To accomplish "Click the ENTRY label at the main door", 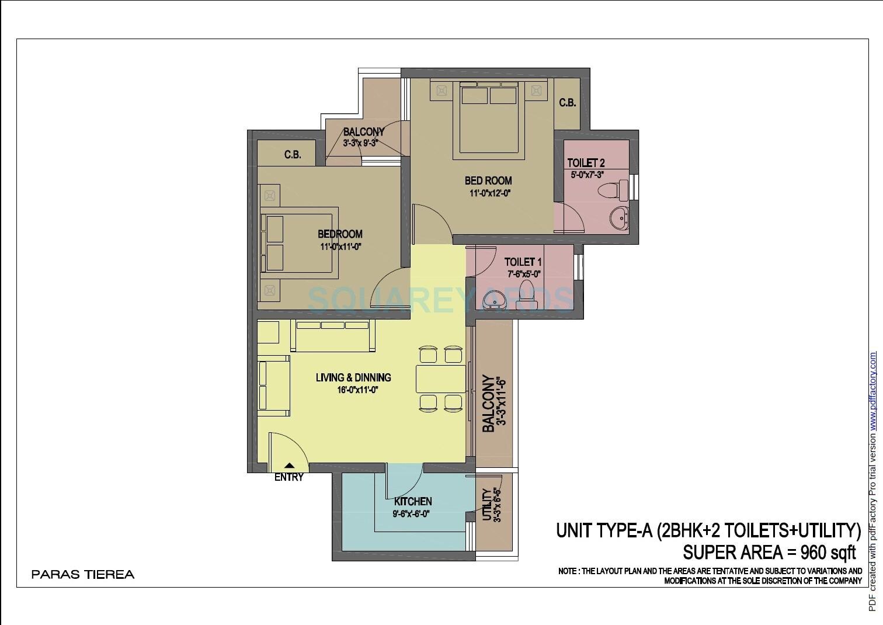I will pyautogui.click(x=289, y=477).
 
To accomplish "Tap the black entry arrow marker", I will pyautogui.click(x=289, y=466).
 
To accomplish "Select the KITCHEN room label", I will pyautogui.click(x=413, y=501).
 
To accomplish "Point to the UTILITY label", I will pyautogui.click(x=487, y=505).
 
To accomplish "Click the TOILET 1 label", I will pyautogui.click(x=523, y=262).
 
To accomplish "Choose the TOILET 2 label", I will pyautogui.click(x=586, y=163).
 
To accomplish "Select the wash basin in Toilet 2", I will pyautogui.click(x=619, y=218).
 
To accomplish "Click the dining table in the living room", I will pyautogui.click(x=441, y=379).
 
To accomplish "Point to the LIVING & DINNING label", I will pyautogui.click(x=353, y=377).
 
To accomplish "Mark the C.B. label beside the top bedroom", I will pyautogui.click(x=567, y=103).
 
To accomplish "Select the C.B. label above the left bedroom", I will pyautogui.click(x=293, y=155).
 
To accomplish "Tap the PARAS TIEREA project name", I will pyautogui.click(x=83, y=574).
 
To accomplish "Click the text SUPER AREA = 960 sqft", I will pyautogui.click(x=769, y=552).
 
